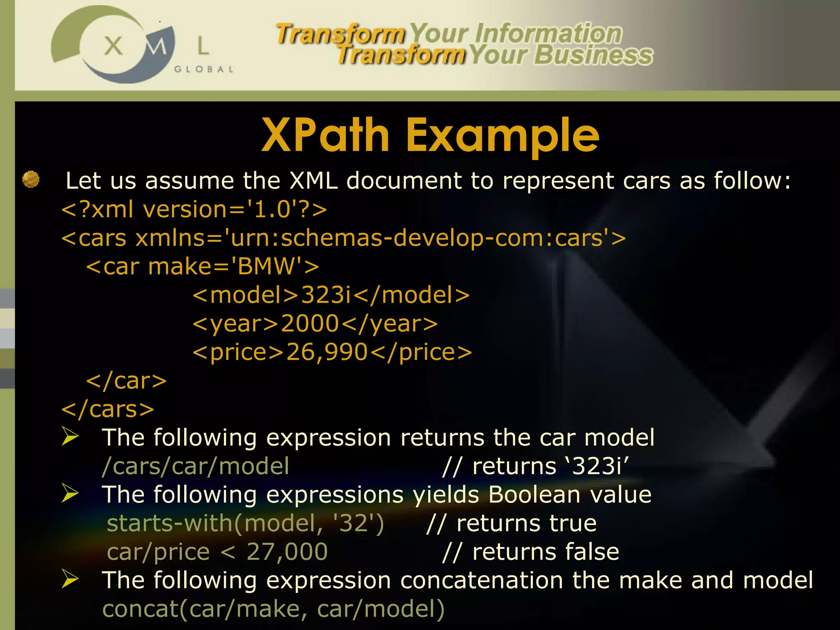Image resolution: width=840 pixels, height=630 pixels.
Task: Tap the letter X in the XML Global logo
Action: [x=113, y=46]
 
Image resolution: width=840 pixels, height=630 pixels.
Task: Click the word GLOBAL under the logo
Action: [x=204, y=69]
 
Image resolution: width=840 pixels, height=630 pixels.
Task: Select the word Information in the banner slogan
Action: [x=548, y=34]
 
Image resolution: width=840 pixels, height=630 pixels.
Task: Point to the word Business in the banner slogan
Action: [x=593, y=55]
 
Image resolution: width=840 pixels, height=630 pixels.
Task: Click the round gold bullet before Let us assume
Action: [x=31, y=180]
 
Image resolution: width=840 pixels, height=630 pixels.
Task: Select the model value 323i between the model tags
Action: [x=326, y=295]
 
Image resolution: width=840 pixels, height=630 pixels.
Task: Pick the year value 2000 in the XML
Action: [x=310, y=324]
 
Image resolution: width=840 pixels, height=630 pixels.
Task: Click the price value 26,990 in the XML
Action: [x=327, y=352]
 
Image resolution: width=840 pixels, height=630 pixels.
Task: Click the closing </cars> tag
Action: [x=107, y=409]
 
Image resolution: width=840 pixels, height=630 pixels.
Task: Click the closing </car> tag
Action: [x=126, y=381]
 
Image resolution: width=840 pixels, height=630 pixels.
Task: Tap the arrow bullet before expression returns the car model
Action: [x=70, y=436]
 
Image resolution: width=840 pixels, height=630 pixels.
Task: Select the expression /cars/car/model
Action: [x=196, y=466]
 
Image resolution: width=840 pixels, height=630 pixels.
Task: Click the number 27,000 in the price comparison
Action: [x=287, y=552]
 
